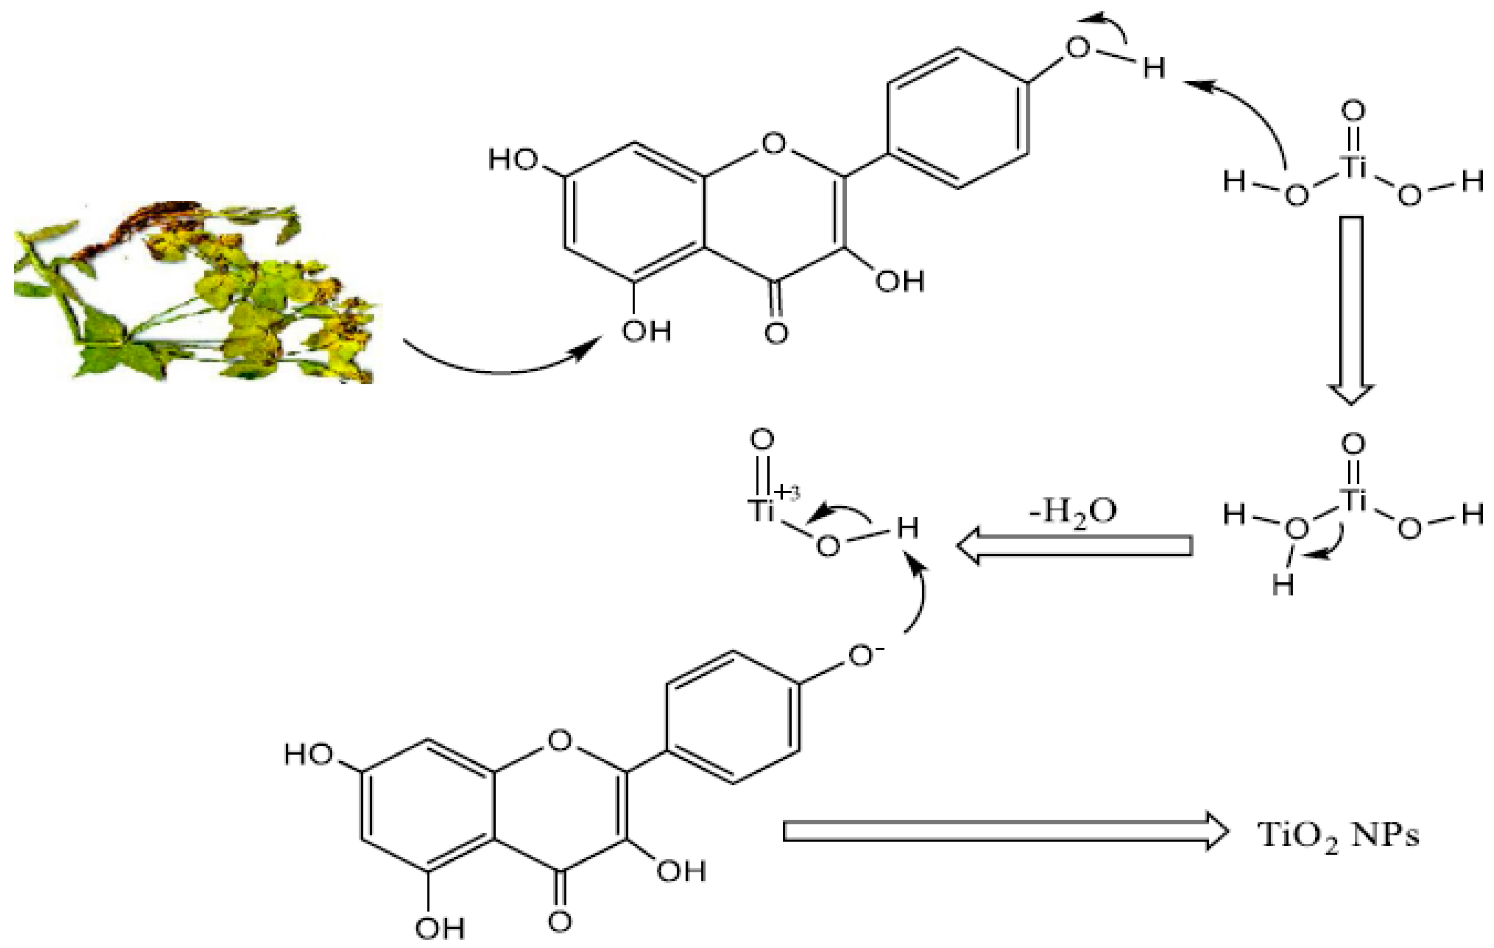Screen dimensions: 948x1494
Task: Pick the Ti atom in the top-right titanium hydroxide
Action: (1352, 166)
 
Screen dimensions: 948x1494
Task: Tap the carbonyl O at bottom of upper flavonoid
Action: (776, 333)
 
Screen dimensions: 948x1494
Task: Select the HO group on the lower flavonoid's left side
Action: (308, 755)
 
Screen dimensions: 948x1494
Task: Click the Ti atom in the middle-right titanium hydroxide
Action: (1352, 499)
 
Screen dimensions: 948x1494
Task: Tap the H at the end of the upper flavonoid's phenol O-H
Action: (1154, 69)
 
